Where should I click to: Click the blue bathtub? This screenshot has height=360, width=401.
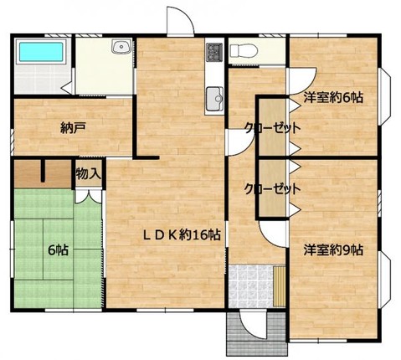[41, 52]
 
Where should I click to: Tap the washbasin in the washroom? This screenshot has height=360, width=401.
[121, 46]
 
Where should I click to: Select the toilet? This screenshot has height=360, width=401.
[244, 51]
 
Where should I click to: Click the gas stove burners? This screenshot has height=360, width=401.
[214, 52]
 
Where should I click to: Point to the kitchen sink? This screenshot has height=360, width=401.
[214, 99]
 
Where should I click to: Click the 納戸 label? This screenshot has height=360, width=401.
[73, 128]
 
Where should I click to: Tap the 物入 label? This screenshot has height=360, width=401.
[88, 174]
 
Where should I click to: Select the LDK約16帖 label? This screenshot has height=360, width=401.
[183, 235]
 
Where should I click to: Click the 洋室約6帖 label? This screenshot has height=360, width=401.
[333, 97]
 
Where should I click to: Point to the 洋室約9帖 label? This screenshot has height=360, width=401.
[333, 250]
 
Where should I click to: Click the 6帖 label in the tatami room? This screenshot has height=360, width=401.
[58, 249]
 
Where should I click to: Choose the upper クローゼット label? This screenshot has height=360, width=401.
[272, 128]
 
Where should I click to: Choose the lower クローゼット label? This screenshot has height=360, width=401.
[272, 189]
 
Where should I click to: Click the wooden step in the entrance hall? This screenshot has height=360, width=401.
[280, 286]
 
